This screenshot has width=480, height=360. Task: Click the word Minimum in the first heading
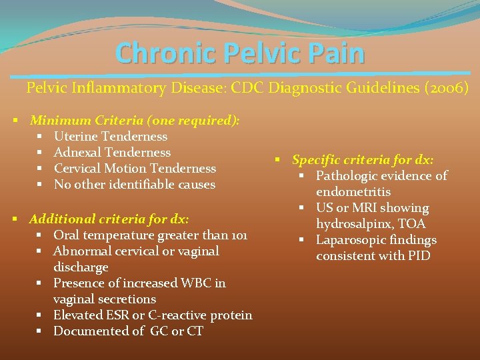[60, 121]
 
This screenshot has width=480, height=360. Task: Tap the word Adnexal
[76, 153]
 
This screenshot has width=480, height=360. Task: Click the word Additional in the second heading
[62, 219]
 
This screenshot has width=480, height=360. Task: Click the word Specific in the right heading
[316, 160]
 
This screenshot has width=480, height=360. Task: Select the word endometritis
[353, 192]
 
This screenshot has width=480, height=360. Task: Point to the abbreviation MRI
[363, 208]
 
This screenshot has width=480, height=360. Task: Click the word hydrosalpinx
[353, 224]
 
